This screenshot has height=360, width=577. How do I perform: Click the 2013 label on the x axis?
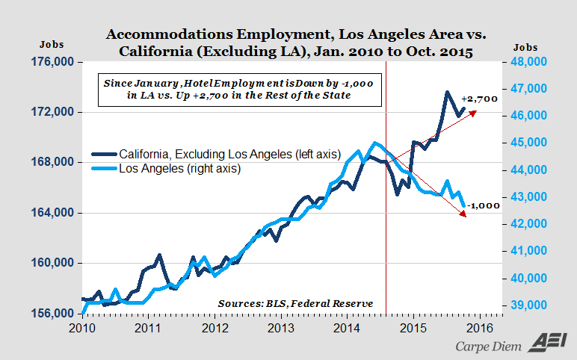coord(280,326)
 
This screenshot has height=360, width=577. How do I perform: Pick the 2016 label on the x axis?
coord(478,326)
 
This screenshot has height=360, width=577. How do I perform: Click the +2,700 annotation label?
coord(479,99)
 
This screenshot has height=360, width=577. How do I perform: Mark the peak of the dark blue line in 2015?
coord(447,92)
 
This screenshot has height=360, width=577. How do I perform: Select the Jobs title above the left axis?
coord(52,44)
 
